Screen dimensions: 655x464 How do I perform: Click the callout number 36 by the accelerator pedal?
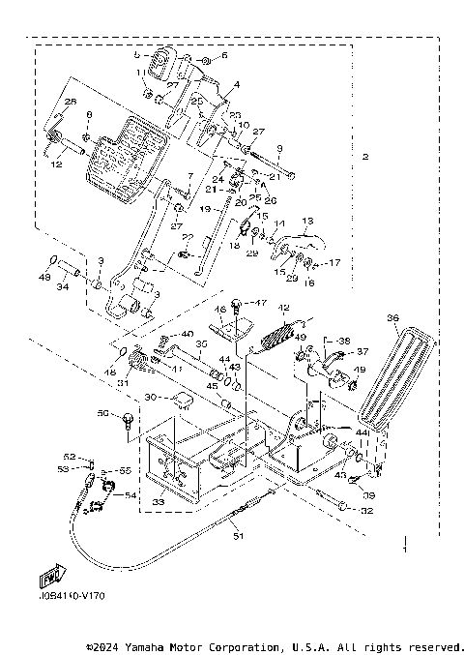click(x=391, y=316)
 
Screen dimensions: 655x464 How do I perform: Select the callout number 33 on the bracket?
click(x=159, y=502)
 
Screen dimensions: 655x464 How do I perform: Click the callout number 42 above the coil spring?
click(x=285, y=308)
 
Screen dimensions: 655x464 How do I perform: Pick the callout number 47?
click(x=258, y=303)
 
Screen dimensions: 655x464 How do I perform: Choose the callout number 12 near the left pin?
click(x=56, y=164)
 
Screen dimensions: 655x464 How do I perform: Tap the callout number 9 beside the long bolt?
click(x=279, y=147)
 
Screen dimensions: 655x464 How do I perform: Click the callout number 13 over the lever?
click(x=308, y=221)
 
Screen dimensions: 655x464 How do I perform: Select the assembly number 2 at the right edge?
click(x=364, y=157)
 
